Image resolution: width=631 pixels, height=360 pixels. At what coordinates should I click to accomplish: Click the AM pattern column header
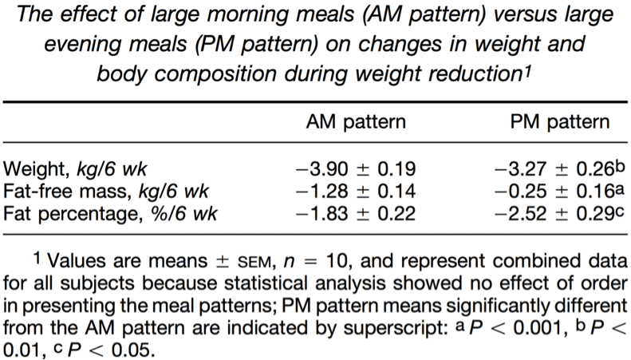pyautogui.click(x=356, y=122)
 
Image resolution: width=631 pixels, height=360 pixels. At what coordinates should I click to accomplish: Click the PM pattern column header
pyautogui.click(x=560, y=122)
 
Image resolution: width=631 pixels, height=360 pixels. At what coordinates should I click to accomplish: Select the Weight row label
pyautogui.click(x=75, y=169)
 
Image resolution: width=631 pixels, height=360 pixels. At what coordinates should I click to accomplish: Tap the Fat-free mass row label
pyautogui.click(x=106, y=192)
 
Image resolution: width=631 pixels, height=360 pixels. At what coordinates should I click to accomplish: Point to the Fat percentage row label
pyautogui.click(x=110, y=213)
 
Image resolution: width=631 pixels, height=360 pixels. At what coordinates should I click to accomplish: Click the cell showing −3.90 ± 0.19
pyautogui.click(x=356, y=169)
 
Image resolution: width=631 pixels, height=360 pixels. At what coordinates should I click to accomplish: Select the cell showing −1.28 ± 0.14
pyautogui.click(x=356, y=192)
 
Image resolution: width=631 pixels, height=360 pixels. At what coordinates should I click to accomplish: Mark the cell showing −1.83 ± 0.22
pyautogui.click(x=356, y=213)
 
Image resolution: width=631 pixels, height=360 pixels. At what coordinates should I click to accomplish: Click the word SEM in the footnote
pyautogui.click(x=254, y=263)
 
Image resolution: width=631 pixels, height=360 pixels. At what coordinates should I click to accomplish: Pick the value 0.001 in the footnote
pyautogui.click(x=537, y=329)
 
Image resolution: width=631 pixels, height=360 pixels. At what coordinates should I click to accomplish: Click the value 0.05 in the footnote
pyautogui.click(x=133, y=350)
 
